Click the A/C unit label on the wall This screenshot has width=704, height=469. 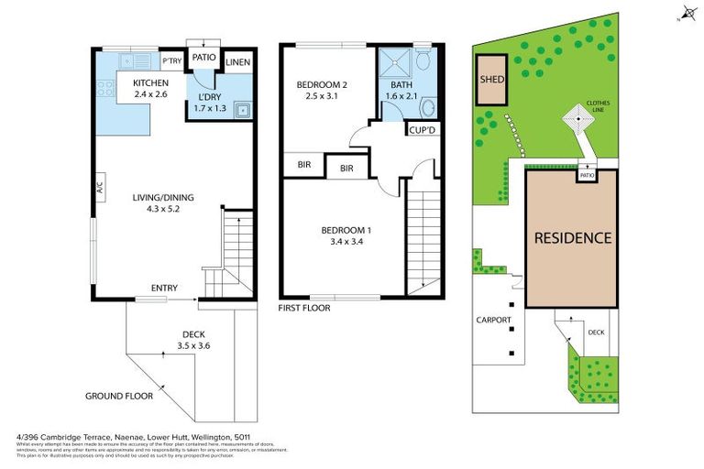(x=99, y=187)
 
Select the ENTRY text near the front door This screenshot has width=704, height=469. (x=164, y=289)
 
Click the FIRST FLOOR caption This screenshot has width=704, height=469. (x=303, y=309)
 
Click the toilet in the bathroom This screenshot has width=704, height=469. (x=423, y=61)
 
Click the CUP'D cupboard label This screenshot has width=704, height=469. (x=422, y=129)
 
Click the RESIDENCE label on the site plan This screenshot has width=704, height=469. (x=573, y=238)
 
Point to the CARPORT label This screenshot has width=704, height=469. (x=493, y=321)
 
